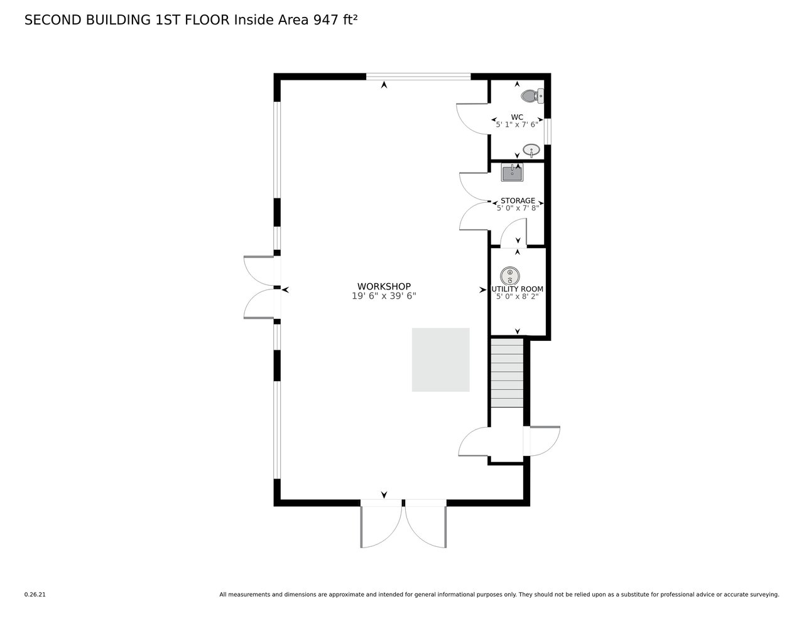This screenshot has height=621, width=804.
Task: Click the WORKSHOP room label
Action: click(384, 286)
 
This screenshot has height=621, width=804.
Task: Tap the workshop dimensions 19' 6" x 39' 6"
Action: click(384, 296)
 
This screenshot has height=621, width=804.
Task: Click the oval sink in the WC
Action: click(531, 150)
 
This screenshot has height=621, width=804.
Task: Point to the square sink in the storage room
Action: click(512, 173)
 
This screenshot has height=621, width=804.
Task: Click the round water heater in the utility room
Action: click(510, 276)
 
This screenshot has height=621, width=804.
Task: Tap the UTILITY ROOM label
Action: click(517, 289)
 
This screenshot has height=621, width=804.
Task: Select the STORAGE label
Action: click(518, 200)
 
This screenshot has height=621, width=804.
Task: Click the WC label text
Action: click(517, 117)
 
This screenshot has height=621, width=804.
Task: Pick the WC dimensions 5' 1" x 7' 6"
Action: click(517, 125)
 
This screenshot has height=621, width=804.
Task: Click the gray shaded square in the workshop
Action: click(441, 360)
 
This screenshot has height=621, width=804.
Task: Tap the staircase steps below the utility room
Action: click(507, 373)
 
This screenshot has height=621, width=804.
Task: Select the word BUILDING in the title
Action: click(118, 20)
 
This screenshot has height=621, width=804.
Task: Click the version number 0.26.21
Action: click(35, 595)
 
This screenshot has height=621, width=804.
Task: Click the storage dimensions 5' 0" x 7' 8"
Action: click(518, 208)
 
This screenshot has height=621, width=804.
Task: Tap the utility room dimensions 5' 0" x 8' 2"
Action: click(517, 296)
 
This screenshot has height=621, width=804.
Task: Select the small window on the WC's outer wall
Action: click(547, 131)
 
